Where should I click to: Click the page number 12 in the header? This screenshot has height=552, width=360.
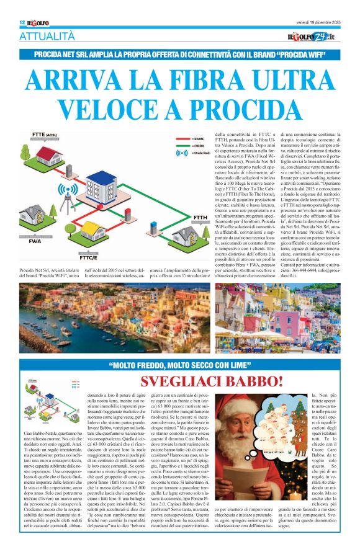[x=21, y=22]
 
